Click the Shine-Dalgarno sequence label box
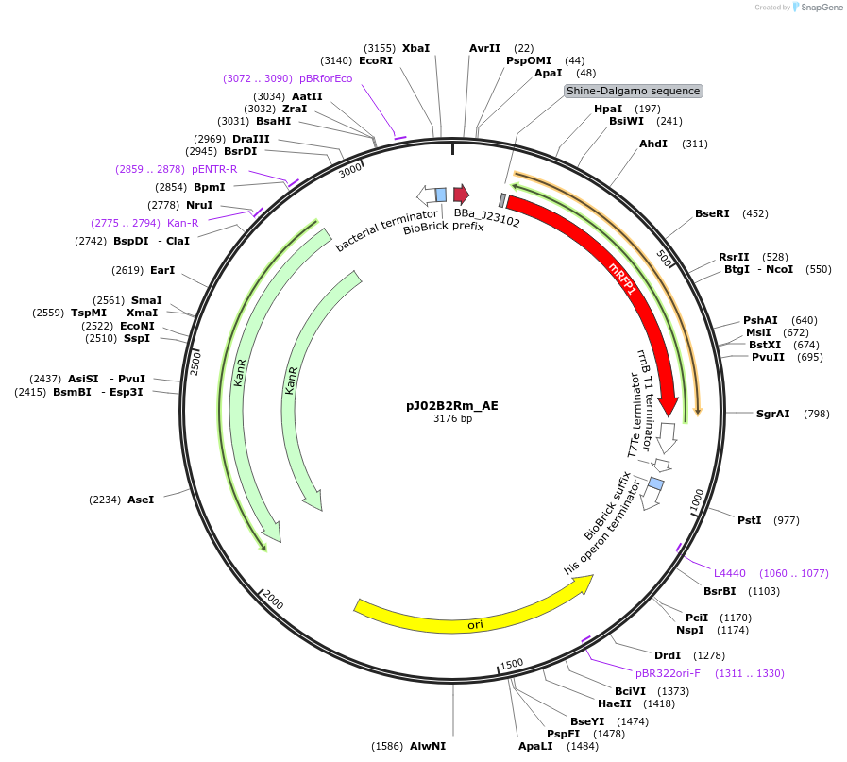(x=633, y=92)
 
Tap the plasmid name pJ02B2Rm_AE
(x=452, y=406)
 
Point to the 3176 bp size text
(x=452, y=418)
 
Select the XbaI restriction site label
(x=415, y=48)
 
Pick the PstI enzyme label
(x=749, y=520)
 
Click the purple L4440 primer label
(x=730, y=573)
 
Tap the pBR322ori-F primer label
(x=668, y=673)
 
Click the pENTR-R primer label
(x=214, y=169)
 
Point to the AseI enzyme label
(x=141, y=500)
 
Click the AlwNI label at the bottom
(x=428, y=746)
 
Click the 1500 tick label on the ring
(x=511, y=664)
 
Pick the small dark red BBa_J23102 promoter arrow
(x=461, y=195)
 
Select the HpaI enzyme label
(x=608, y=109)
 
